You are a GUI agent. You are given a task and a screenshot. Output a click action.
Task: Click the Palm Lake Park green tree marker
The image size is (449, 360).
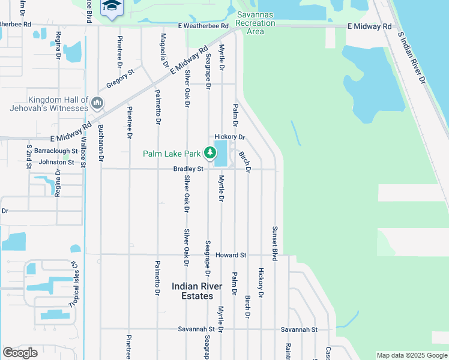pos(209,153)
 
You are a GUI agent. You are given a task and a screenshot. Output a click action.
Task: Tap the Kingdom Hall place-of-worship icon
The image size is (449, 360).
pos(97,104)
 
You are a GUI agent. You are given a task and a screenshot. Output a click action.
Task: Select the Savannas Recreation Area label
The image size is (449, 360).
pos(255,23)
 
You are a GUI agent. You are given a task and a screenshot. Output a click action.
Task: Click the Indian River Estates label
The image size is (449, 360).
pos(192,291)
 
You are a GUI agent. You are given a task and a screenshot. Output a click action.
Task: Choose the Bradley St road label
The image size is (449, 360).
pos(188,169)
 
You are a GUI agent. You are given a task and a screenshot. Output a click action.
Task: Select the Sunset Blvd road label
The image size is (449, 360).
pos(275,243)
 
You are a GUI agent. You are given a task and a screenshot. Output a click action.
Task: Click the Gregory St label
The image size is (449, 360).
pos(120,79)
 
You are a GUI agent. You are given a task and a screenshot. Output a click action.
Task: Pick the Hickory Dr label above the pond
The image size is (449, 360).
pos(231,137)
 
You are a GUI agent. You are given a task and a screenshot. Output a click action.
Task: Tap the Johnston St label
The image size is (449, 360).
pos(57,162)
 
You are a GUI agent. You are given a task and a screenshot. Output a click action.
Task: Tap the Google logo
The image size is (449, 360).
pos(20,353)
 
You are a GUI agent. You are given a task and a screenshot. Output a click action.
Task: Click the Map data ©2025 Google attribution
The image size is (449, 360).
pos(411,355)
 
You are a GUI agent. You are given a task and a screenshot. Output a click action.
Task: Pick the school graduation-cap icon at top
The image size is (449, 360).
pos(110,6)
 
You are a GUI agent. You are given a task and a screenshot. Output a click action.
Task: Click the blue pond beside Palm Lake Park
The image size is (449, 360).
pos(221,153)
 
